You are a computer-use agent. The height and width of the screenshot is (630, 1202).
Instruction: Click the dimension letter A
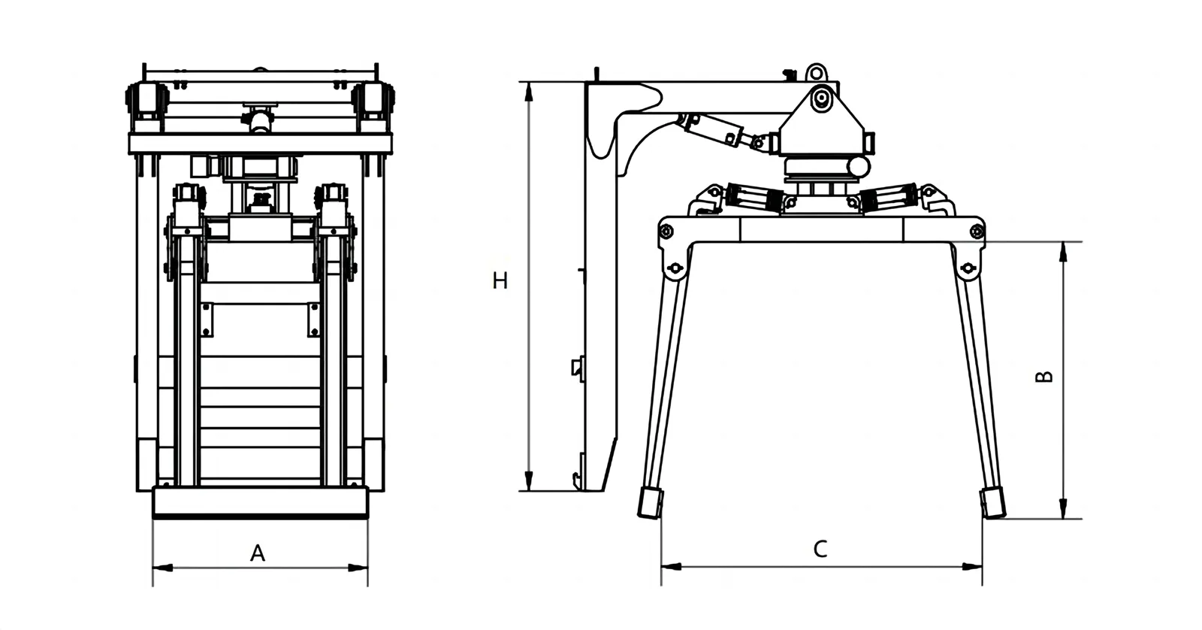click(257, 554)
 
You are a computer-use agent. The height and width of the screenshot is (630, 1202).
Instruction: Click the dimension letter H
click(500, 281)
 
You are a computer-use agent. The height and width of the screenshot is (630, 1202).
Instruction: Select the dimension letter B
click(1043, 376)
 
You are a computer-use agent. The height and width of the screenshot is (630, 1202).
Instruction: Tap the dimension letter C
click(820, 549)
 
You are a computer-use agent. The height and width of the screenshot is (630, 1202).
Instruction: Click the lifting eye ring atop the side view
click(816, 72)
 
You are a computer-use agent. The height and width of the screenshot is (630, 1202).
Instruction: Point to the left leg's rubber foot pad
click(650, 502)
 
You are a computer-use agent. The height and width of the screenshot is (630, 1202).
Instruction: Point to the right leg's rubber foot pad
click(993, 501)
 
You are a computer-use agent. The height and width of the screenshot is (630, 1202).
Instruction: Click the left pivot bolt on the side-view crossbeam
click(666, 232)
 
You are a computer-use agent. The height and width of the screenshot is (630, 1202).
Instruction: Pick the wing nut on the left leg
click(674, 268)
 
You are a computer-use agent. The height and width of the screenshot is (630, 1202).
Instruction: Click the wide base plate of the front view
click(260, 501)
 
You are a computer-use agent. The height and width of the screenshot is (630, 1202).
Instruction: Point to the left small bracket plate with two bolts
click(207, 320)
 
